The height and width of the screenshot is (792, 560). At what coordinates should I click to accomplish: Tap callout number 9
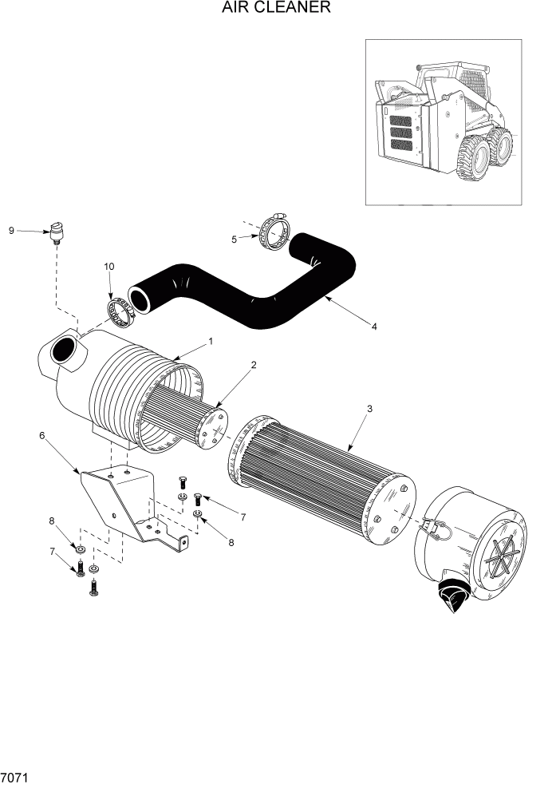(x=12, y=231)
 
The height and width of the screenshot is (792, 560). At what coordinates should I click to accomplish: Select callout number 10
(x=109, y=266)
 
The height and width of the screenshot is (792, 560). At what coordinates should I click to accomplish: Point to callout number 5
(x=234, y=239)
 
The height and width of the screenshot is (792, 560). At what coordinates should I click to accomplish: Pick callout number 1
(x=210, y=341)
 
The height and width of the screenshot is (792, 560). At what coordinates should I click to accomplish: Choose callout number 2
(x=253, y=365)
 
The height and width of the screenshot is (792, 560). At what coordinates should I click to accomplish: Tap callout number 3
(x=369, y=409)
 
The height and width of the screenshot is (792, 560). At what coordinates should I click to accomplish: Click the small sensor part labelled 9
(x=56, y=232)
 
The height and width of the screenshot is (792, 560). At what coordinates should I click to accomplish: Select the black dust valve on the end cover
(x=451, y=595)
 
